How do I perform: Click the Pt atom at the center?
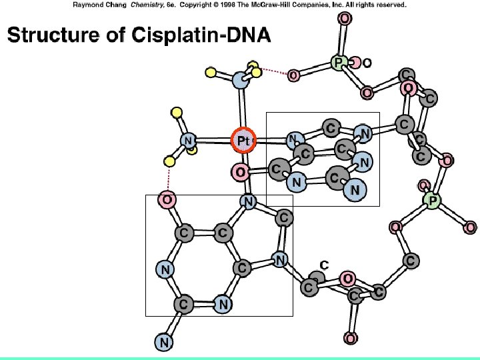(243, 141)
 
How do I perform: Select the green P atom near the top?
(339, 63)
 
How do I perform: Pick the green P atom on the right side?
(432, 199)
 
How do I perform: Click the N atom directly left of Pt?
(189, 141)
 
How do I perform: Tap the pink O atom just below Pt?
(240, 173)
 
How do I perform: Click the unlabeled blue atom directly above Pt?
(241, 81)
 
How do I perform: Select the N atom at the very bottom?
(164, 343)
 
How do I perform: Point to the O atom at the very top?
(344, 19)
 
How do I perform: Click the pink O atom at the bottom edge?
(351, 338)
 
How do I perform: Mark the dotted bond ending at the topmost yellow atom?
(273, 70)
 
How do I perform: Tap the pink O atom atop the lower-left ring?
(167, 199)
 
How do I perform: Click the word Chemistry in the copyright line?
(131, 5)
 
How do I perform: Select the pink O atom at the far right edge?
(470, 228)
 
